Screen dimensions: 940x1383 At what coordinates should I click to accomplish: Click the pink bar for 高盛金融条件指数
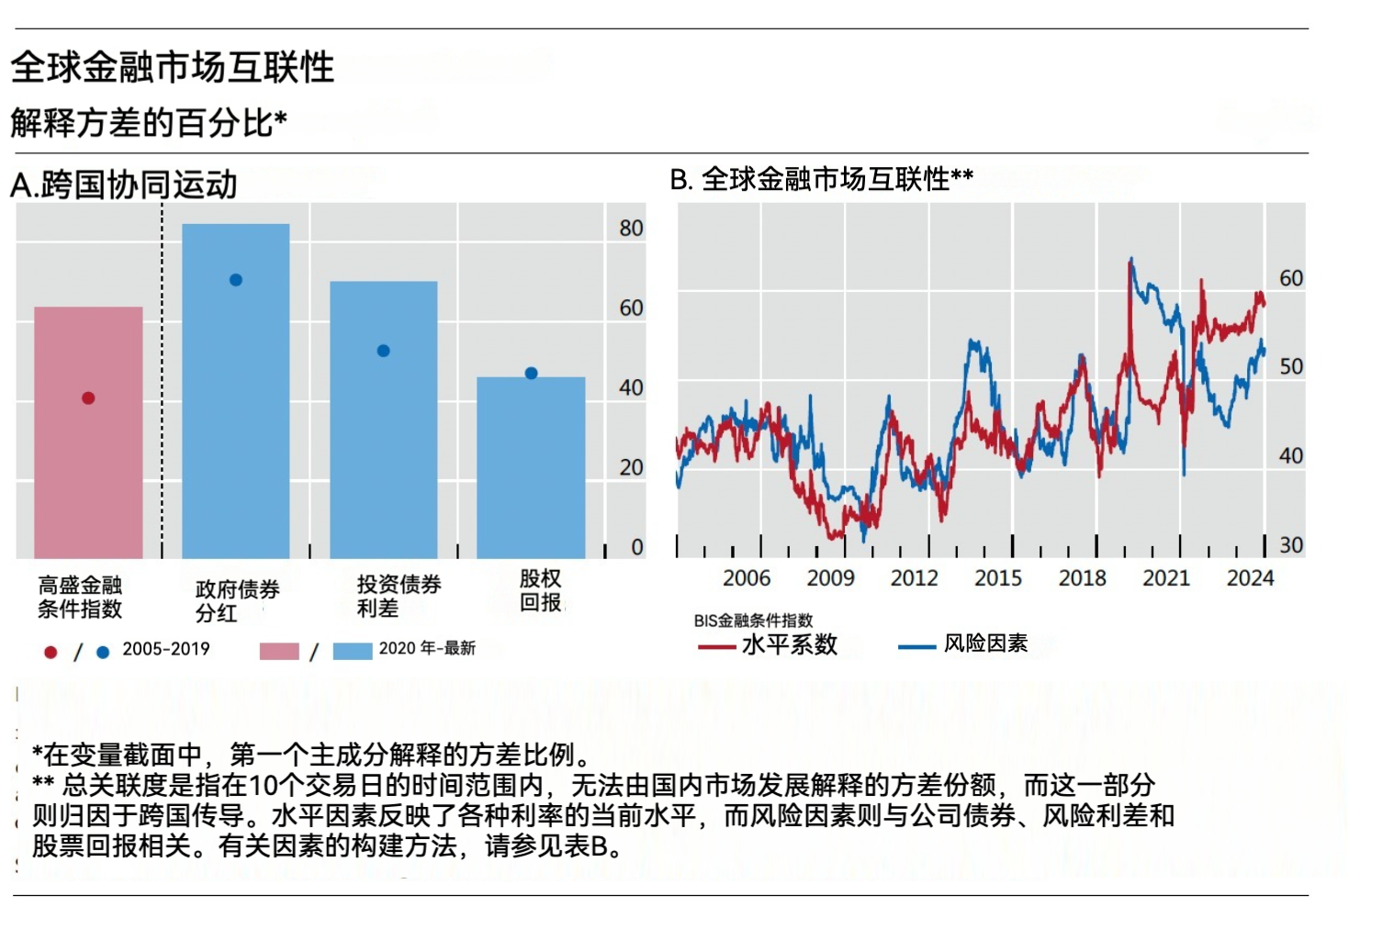coord(88,459)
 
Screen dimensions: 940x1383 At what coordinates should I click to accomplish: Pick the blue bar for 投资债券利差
coord(384,441)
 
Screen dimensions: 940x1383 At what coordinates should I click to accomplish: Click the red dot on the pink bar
coord(88,398)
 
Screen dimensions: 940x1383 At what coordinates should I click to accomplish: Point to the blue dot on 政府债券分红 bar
coord(236,280)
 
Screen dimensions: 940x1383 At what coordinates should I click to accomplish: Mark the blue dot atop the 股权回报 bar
coord(531,374)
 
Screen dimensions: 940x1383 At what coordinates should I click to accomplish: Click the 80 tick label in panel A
coord(631,229)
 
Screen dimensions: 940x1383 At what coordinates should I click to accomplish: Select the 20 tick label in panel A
coord(631,467)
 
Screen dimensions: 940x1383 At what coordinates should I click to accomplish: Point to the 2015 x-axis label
coord(998,578)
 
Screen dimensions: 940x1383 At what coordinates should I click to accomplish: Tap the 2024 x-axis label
coord(1250,578)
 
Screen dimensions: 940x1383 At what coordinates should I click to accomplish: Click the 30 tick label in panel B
coord(1291,545)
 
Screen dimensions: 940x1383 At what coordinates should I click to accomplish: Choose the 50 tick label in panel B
coord(1291,367)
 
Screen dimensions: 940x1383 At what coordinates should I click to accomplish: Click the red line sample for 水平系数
coord(716,647)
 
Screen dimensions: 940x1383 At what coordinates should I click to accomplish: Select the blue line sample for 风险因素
coord(916,647)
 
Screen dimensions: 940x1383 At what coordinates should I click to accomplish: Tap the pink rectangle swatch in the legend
coord(279,651)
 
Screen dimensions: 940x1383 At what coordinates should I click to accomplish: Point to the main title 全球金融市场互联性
coord(173,68)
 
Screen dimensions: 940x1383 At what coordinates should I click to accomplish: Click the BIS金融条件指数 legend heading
coord(753,621)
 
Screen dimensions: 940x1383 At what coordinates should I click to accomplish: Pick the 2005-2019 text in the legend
coord(166,649)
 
